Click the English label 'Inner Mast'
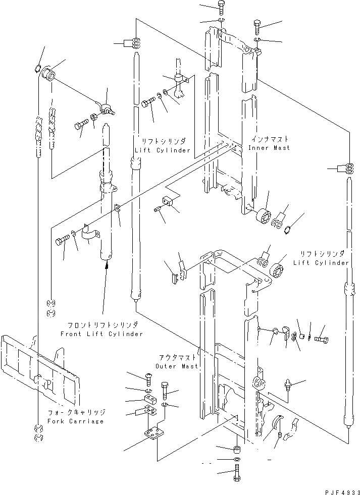coord(269,148)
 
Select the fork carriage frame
coord(40,363)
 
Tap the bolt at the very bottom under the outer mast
coord(236,475)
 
